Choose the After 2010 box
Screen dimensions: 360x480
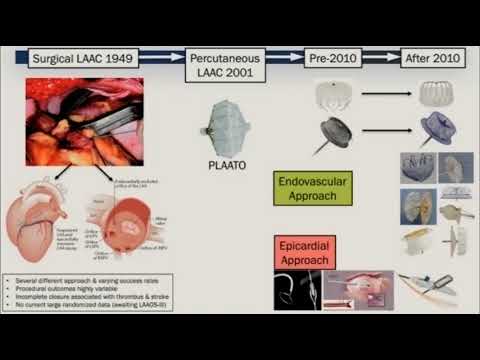coord(433,60)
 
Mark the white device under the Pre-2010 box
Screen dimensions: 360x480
coord(332,96)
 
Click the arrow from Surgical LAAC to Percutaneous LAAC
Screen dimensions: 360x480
coord(165,60)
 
